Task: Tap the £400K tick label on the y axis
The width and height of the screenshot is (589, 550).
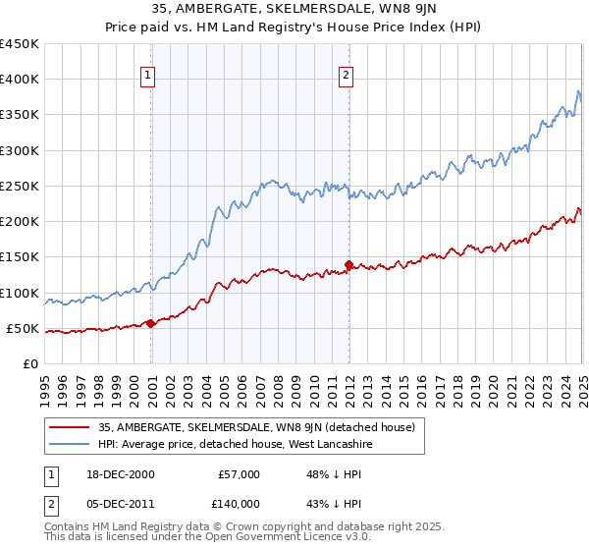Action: pyautogui.click(x=20, y=80)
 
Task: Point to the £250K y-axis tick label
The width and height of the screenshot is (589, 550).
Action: pyautogui.click(x=20, y=186)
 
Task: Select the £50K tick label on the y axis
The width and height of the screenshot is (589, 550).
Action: pyautogui.click(x=24, y=328)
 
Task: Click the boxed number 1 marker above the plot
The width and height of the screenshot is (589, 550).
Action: pyautogui.click(x=147, y=73)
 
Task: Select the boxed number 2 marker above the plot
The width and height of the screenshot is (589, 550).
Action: pyautogui.click(x=348, y=73)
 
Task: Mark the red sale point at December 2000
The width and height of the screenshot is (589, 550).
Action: pyautogui.click(x=151, y=323)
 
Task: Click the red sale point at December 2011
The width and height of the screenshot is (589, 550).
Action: pyautogui.click(x=348, y=264)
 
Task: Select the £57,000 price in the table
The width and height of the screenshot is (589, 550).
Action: pyautogui.click(x=239, y=473)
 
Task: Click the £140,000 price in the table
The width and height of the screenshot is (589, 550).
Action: pyautogui.click(x=239, y=503)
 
